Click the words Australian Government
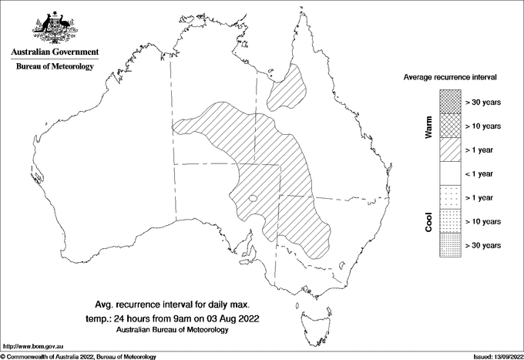(55, 52)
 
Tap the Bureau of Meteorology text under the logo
(55, 66)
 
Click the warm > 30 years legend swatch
(450, 101)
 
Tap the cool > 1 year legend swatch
(450, 197)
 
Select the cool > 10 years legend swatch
(450, 220)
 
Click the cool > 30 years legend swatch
(450, 244)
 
